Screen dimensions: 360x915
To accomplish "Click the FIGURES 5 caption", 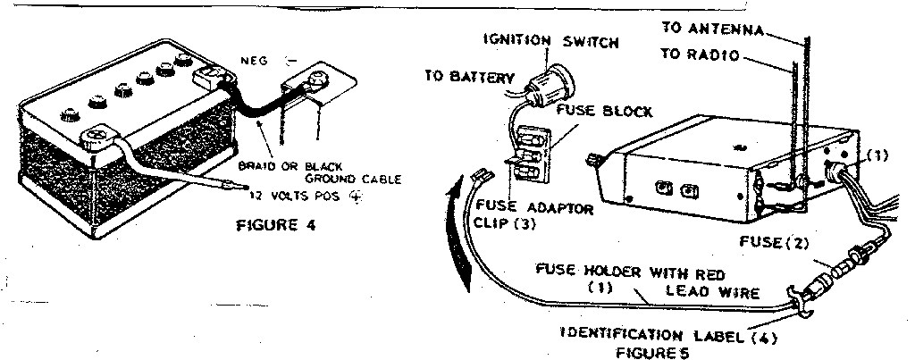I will [650, 352].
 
